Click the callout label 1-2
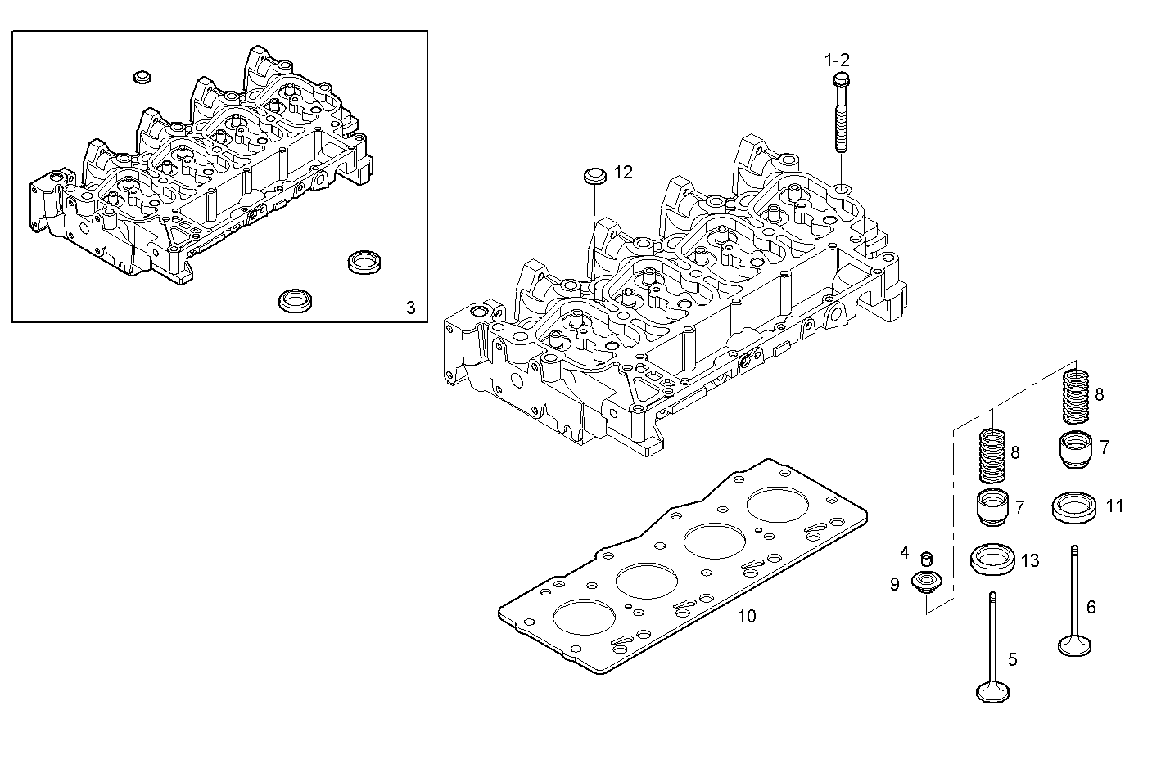(837, 60)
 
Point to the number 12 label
(623, 172)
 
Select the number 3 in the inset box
(411, 308)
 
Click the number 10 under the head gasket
(747, 616)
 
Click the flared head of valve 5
(992, 692)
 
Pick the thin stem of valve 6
(1074, 589)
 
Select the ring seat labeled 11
(1073, 506)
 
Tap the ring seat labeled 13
(992, 560)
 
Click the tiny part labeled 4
(928, 559)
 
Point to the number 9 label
(895, 584)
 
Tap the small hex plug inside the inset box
(141, 78)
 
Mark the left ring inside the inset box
(291, 299)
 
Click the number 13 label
(1029, 560)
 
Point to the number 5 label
(1013, 659)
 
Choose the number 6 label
(1091, 607)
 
